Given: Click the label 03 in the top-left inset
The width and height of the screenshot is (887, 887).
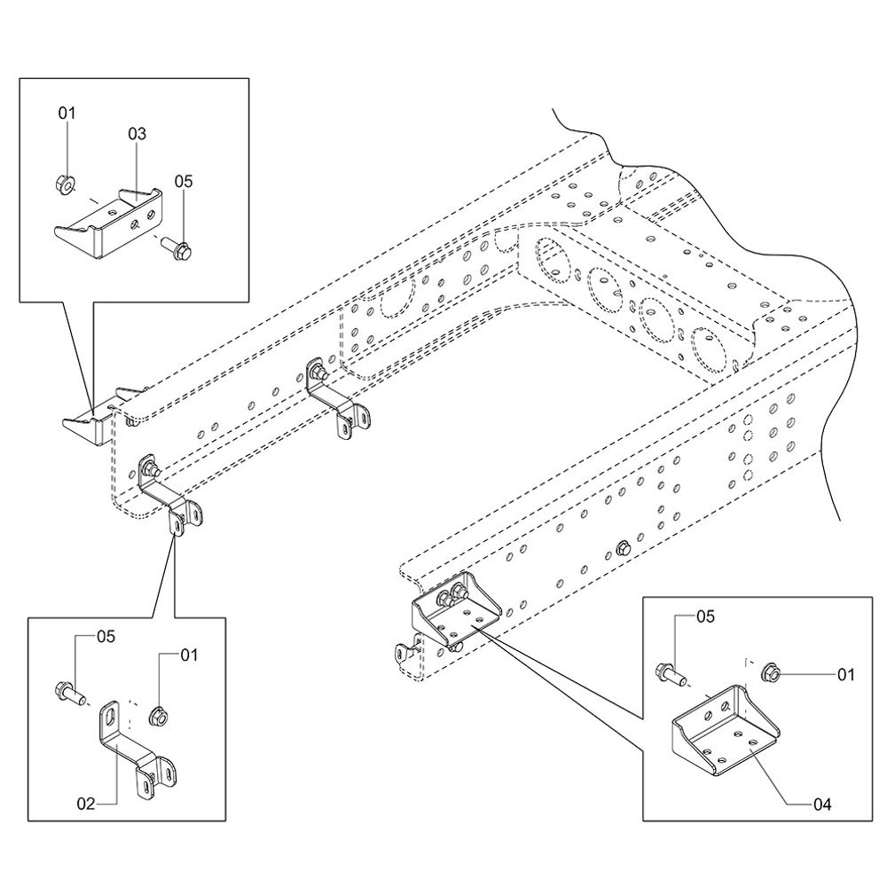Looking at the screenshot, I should pyautogui.click(x=137, y=134).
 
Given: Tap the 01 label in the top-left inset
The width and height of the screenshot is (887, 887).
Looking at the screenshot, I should pyautogui.click(x=67, y=113).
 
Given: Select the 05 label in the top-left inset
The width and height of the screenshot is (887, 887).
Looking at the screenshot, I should pyautogui.click(x=183, y=181).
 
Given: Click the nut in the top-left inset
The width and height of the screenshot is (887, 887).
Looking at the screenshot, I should pyautogui.click(x=64, y=185).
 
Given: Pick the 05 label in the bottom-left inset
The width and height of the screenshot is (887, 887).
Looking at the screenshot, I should pyautogui.click(x=106, y=635).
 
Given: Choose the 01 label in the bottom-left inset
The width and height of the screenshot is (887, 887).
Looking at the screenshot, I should pyautogui.click(x=188, y=655).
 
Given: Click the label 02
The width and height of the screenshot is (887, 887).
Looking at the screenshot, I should pyautogui.click(x=85, y=804).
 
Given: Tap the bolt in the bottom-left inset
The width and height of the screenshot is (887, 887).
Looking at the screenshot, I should pyautogui.click(x=68, y=690).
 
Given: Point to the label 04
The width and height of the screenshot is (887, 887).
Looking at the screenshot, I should pyautogui.click(x=821, y=805).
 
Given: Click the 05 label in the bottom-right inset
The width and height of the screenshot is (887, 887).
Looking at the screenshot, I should pyautogui.click(x=704, y=616).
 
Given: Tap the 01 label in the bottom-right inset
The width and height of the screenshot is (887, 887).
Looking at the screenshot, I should pyautogui.click(x=845, y=675).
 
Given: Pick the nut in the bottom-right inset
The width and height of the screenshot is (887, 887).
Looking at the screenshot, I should pyautogui.click(x=770, y=675).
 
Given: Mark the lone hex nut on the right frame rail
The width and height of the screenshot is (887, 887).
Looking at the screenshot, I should pyautogui.click(x=622, y=549).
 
